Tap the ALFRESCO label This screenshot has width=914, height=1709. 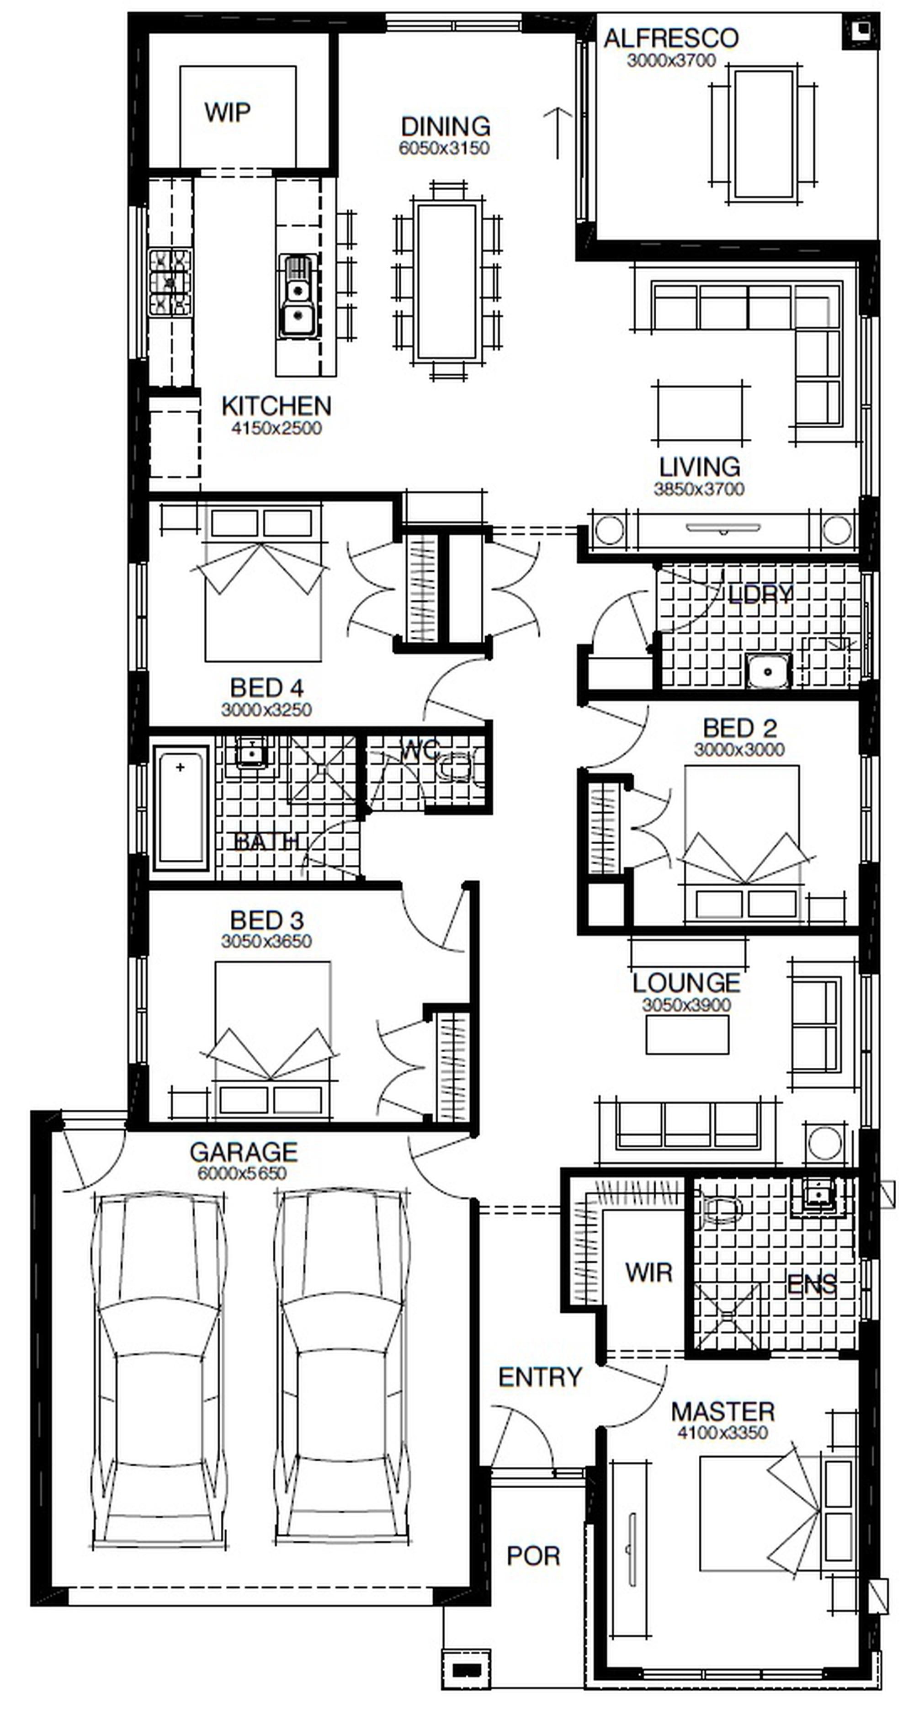[670, 38]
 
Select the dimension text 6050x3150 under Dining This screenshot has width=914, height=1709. [444, 148]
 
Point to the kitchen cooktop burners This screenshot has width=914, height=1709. [170, 282]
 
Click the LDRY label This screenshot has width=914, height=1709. [760, 594]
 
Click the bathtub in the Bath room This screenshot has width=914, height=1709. [181, 807]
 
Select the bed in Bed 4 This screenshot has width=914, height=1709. [263, 584]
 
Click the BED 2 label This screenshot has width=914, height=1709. [739, 729]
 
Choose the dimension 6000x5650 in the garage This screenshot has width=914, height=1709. [242, 1172]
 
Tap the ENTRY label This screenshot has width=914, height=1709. [540, 1377]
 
